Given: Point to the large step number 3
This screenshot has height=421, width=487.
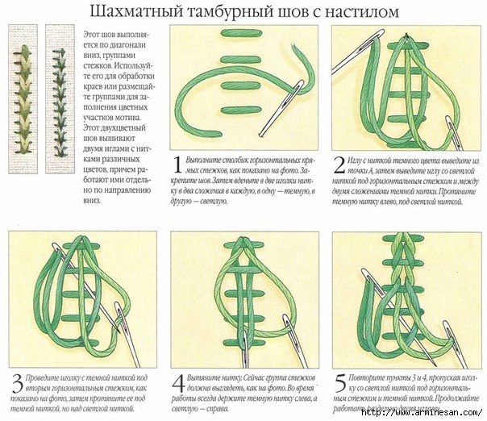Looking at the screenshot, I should (x=18, y=378).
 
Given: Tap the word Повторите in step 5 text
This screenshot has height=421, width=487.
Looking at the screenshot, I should (x=372, y=377).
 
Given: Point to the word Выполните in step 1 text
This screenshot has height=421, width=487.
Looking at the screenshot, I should (x=210, y=160).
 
